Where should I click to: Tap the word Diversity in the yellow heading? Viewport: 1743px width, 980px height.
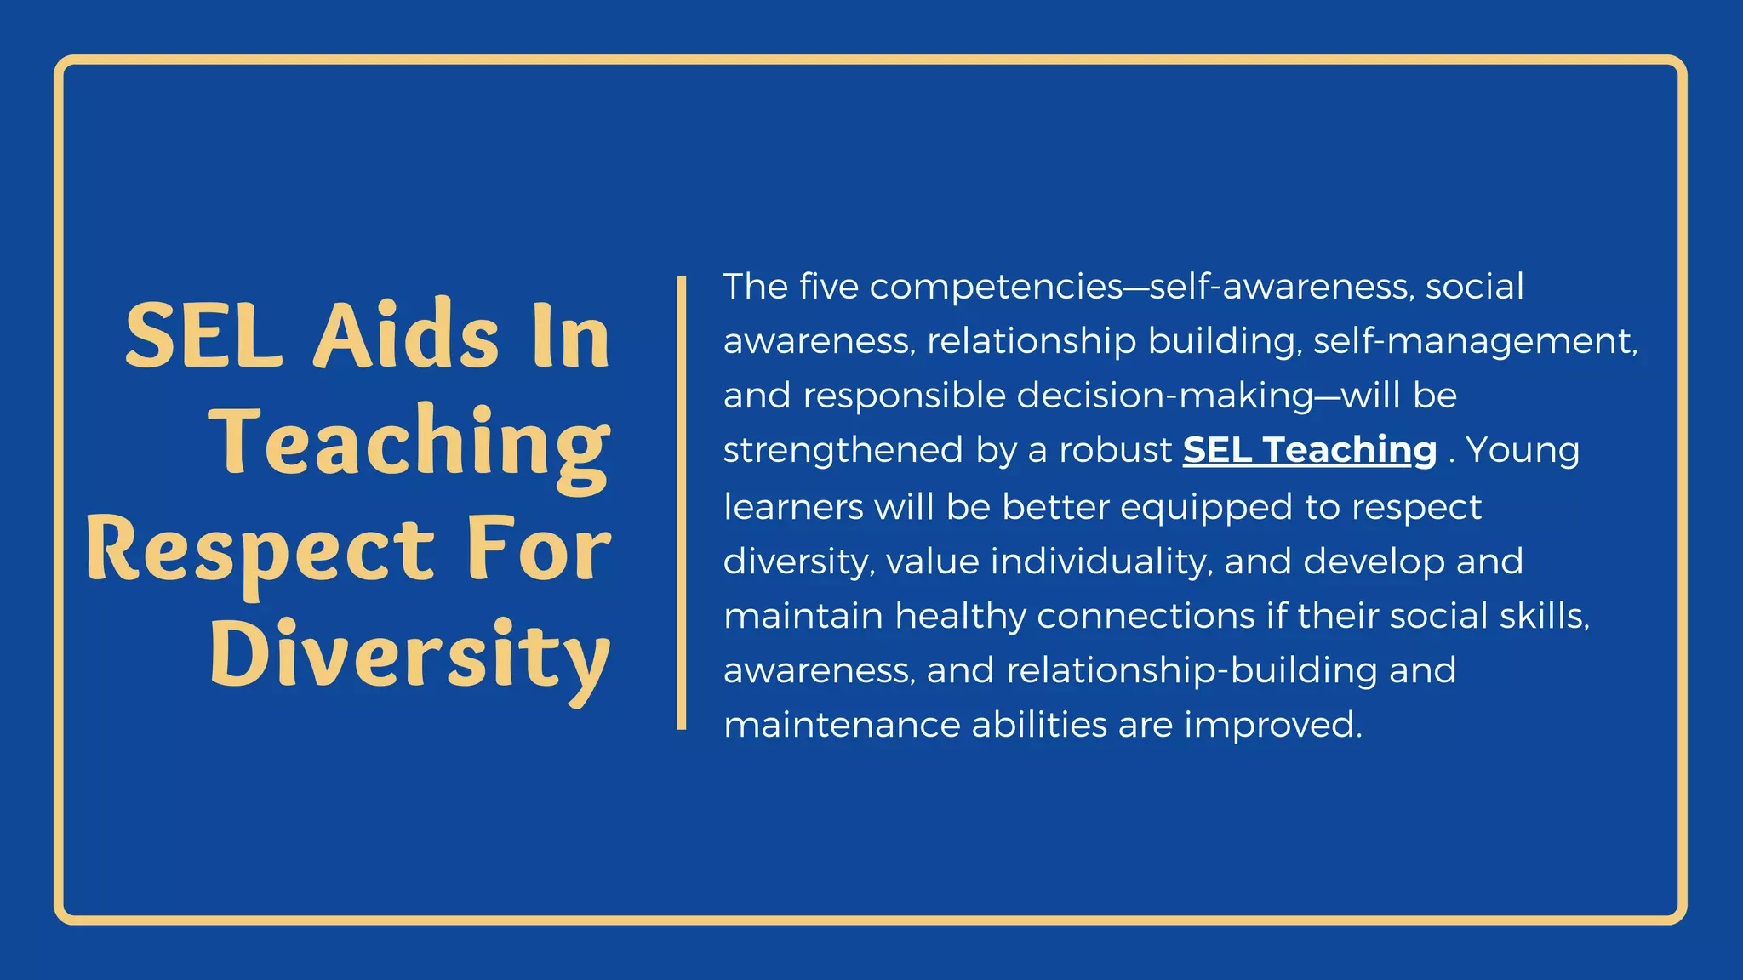click(x=410, y=656)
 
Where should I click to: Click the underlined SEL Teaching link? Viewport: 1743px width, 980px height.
click(x=1310, y=450)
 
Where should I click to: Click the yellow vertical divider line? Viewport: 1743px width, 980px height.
click(x=681, y=502)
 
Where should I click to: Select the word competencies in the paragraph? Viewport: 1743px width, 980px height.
click(x=997, y=287)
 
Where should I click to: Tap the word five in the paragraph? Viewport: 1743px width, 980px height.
click(x=829, y=287)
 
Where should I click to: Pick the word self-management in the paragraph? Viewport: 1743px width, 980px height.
click(x=1475, y=341)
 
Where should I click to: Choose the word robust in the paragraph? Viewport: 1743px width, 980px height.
click(x=1115, y=450)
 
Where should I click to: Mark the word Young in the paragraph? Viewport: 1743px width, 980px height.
click(x=1523, y=450)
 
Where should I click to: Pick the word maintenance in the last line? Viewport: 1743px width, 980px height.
click(x=842, y=725)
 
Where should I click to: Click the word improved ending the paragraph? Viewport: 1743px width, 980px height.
click(x=1273, y=725)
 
